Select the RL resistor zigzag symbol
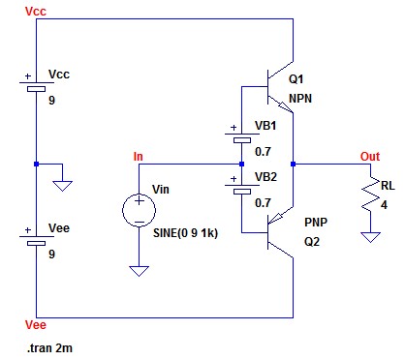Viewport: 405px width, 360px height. coord(370,194)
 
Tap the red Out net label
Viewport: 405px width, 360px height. coord(370,157)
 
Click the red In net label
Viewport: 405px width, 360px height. coord(138,157)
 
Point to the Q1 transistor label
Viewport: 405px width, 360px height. coord(296,79)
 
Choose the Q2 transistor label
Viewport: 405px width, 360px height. coord(312,241)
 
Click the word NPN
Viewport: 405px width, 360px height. coord(300,99)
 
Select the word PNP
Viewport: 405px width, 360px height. coord(316,222)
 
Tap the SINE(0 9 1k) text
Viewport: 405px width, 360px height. coord(185,233)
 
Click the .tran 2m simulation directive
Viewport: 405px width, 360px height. coord(49,348)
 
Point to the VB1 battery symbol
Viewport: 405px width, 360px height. coord(242,136)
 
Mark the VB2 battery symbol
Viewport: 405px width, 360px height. coord(242,188)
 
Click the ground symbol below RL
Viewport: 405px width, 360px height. coord(370,237)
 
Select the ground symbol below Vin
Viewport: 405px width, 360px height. coord(139,271)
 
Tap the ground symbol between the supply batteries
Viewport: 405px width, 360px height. coord(62,186)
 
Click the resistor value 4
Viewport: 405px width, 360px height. coord(384,205)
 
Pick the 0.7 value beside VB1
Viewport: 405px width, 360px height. coord(263,152)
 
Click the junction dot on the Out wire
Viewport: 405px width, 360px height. coord(293,165)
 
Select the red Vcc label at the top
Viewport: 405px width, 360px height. coord(36,12)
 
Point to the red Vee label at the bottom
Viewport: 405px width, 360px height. coord(36,325)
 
